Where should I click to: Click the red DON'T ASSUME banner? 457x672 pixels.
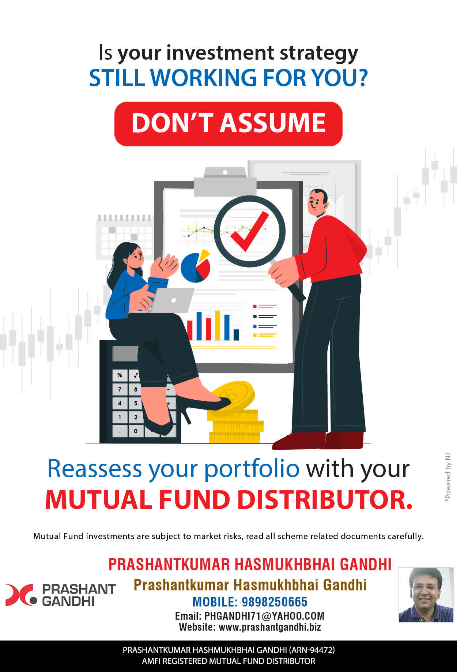pyautogui.click(x=228, y=124)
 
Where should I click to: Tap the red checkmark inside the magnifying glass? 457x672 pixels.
pyautogui.click(x=250, y=231)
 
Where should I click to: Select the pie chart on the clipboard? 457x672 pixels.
pyautogui.click(x=196, y=266)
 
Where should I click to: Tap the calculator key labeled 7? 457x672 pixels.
pyautogui.click(x=120, y=389)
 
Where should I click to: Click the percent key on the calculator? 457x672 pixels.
pyautogui.click(x=120, y=375)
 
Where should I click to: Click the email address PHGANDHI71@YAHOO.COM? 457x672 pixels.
pyautogui.click(x=264, y=616)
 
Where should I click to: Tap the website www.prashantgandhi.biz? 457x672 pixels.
pyautogui.click(x=270, y=627)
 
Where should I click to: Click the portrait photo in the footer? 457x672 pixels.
pyautogui.click(x=426, y=595)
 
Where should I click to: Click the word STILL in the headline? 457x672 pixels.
pyautogui.click(x=117, y=78)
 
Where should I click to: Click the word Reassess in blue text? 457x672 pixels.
pyautogui.click(x=95, y=468)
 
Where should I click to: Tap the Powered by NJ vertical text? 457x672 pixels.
pyautogui.click(x=447, y=478)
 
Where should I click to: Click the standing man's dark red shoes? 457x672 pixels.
pyautogui.click(x=318, y=440)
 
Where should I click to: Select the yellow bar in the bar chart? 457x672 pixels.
pyautogui.click(x=218, y=325)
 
